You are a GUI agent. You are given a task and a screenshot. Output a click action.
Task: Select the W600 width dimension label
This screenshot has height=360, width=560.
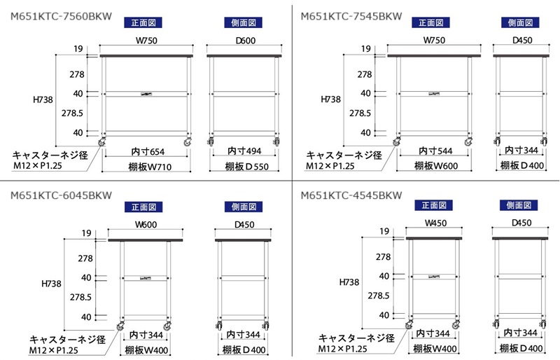(146, 226)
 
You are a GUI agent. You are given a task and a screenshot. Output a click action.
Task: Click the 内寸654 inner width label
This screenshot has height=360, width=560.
(148, 151)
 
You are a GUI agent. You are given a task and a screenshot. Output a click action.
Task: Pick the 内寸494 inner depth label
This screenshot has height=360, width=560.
(244, 151)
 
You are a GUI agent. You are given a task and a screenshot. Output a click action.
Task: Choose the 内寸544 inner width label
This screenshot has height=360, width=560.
(435, 151)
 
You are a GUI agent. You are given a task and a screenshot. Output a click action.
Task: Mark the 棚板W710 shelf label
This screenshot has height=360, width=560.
(148, 166)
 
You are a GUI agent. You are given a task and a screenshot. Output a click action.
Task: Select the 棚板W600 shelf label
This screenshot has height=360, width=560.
(435, 166)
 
